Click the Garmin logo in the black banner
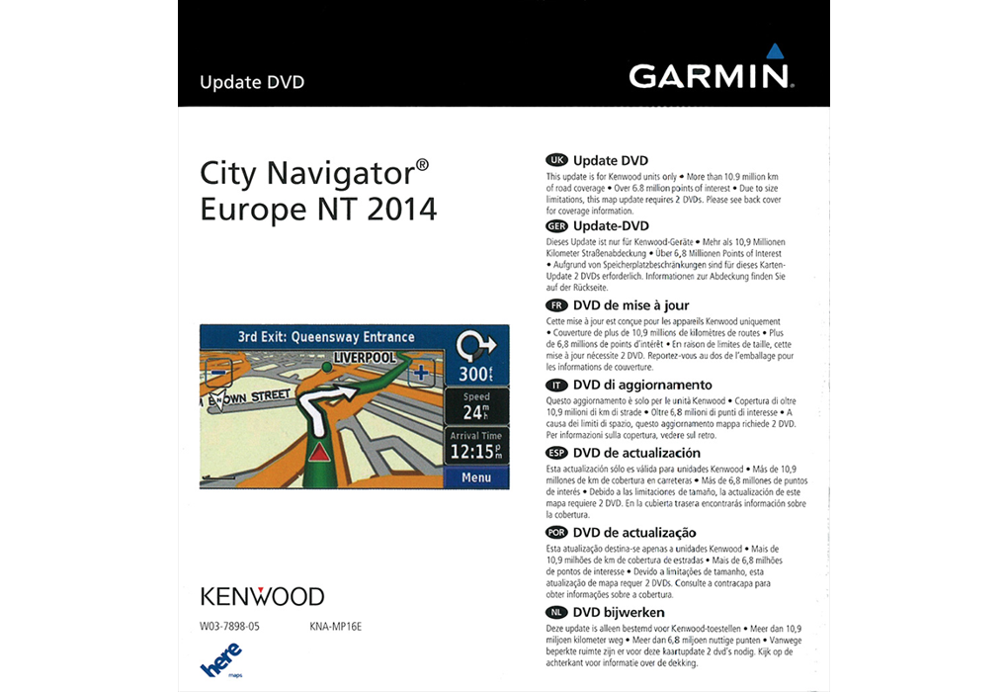point(708,75)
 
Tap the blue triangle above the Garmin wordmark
point(775,50)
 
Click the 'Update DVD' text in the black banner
point(252,82)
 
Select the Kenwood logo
point(262,596)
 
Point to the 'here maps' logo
point(221,660)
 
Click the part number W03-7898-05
point(229,626)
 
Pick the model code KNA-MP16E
point(335,626)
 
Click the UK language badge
point(557,160)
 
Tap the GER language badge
point(557,225)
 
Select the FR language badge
point(557,305)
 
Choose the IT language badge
point(557,385)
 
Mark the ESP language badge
point(557,453)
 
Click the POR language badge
point(557,533)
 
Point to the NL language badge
point(557,613)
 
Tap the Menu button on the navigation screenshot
point(475,477)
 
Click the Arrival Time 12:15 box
point(475,446)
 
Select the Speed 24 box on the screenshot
point(475,405)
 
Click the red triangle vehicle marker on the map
point(319,453)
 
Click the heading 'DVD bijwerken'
point(619,613)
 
